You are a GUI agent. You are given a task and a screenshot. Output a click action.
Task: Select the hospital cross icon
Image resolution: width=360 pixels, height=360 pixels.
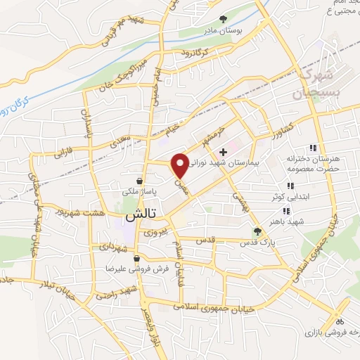tap(224, 151)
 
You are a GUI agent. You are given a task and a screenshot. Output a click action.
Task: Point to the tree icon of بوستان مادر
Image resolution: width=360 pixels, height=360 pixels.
tap(223, 19)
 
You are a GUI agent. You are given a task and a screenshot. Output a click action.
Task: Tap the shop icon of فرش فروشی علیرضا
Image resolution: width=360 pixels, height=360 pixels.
tap(146, 259)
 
